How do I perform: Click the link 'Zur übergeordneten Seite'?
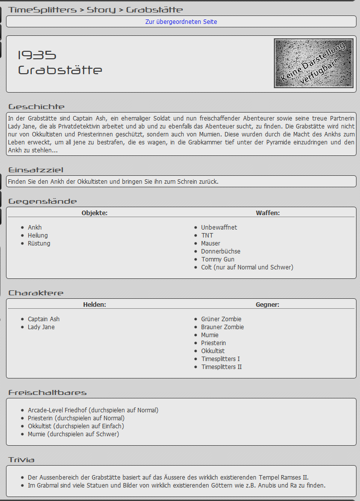coord(181,22)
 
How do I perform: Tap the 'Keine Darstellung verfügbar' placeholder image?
coord(314,64)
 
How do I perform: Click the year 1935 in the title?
coord(37,55)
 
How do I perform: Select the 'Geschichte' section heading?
coord(36,107)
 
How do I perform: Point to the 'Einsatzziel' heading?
coord(36,170)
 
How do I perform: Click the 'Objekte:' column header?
coord(95,213)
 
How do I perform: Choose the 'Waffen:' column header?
coord(268,213)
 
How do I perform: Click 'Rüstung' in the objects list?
coord(39,244)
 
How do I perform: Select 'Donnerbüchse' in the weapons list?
coord(221,251)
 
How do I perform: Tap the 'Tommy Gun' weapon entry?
coord(218,259)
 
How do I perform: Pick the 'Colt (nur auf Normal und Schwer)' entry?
coord(247,267)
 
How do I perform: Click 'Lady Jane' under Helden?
coord(41,327)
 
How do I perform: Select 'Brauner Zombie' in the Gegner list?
coord(223,327)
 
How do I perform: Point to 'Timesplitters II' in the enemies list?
coord(222,367)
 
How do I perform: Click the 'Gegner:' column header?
coord(267,305)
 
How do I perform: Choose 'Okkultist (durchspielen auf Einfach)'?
coord(76,426)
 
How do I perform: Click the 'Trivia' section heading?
coord(21,460)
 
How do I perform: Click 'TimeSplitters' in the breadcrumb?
coord(42,10)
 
